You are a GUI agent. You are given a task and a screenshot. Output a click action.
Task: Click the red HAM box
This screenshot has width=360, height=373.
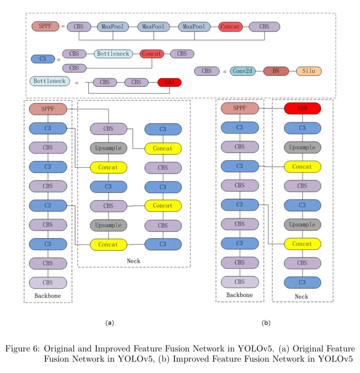pos(302,108)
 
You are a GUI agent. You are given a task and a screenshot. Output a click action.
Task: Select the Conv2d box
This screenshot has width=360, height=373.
pos(242,71)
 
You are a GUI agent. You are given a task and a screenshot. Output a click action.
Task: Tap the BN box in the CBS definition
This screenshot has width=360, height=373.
pos(276,71)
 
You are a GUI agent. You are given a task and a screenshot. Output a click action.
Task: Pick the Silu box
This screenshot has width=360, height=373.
pos(309,71)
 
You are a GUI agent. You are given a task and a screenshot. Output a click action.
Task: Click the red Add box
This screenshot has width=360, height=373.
pos(169,82)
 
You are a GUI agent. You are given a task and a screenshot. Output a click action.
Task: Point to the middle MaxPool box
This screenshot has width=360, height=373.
pos(153,27)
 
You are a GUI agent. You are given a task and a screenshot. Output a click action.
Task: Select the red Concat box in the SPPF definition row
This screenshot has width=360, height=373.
pos(230,27)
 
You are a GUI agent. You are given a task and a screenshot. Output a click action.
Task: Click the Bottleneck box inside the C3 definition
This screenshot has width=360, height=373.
pos(113,54)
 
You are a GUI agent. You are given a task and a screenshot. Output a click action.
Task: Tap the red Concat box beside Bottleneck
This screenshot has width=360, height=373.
pos(152,54)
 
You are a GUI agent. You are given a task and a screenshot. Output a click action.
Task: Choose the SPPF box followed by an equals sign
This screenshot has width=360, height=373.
pos(45,26)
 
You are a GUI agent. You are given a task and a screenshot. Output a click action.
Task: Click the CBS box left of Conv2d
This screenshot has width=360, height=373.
pos(207,71)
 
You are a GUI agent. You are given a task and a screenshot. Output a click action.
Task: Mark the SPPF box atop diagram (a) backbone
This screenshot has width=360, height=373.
pos(48,109)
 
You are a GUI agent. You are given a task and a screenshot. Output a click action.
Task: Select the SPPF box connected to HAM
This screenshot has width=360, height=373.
pos(240,108)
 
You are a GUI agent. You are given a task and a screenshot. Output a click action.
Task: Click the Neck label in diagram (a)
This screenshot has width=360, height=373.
pos(134,261)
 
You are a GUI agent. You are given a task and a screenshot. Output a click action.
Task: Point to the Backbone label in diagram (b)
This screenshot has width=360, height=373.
pos(239,295)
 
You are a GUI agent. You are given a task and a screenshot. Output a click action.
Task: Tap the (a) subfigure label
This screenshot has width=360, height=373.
pos(110,323)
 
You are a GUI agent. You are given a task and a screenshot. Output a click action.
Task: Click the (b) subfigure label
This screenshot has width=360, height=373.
pos(266,323)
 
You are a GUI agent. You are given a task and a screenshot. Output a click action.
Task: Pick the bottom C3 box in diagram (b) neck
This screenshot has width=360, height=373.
pos(302,282)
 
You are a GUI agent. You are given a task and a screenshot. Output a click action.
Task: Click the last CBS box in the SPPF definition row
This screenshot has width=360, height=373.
pos(264,27)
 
